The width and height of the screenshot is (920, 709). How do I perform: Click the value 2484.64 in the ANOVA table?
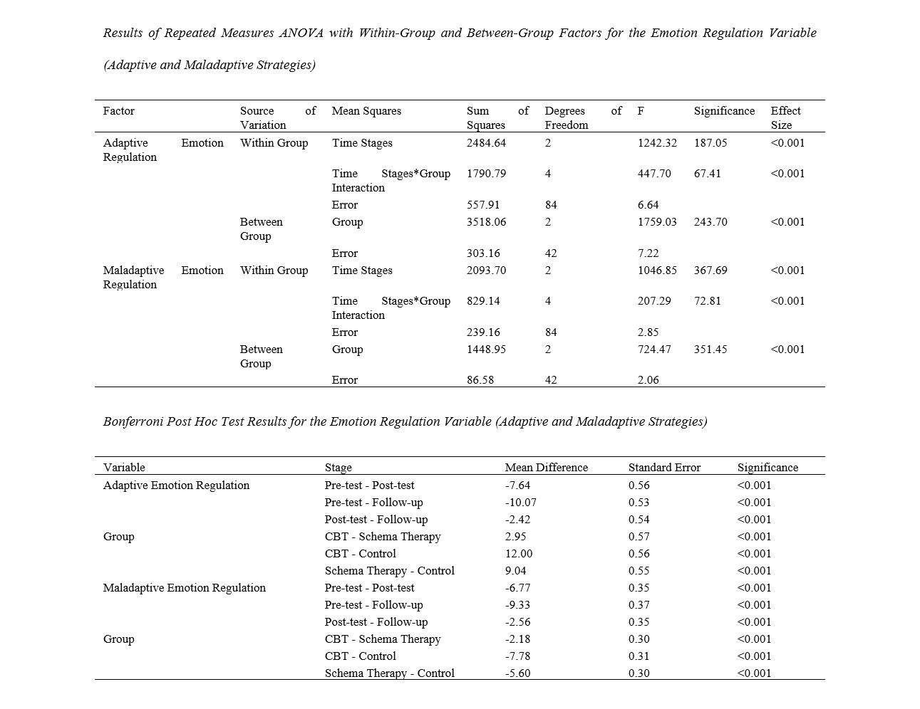point(486,143)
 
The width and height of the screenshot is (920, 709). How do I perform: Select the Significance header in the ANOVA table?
point(724,111)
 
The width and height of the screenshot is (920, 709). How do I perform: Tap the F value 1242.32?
point(657,143)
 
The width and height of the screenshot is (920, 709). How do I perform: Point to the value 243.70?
point(710,222)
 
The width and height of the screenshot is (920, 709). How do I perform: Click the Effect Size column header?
point(785,118)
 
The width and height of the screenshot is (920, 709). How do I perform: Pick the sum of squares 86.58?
point(480,380)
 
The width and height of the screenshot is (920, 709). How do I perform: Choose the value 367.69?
point(710,271)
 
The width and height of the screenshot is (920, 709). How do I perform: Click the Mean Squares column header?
point(366,111)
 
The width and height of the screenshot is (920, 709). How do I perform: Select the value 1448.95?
point(486,350)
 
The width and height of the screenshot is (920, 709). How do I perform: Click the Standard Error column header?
point(664,468)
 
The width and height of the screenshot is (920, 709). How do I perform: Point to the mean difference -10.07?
point(520,503)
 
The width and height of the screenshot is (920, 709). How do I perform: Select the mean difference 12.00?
point(519,554)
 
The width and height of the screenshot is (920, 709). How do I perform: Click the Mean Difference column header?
point(546,468)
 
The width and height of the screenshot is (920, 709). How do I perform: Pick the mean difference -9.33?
point(517,605)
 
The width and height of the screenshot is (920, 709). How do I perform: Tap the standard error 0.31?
point(639,656)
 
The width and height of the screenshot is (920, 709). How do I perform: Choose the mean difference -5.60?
point(517,673)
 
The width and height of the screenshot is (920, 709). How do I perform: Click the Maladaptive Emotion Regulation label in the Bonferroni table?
point(184,588)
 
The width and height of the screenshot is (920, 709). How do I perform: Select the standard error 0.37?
point(639,605)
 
